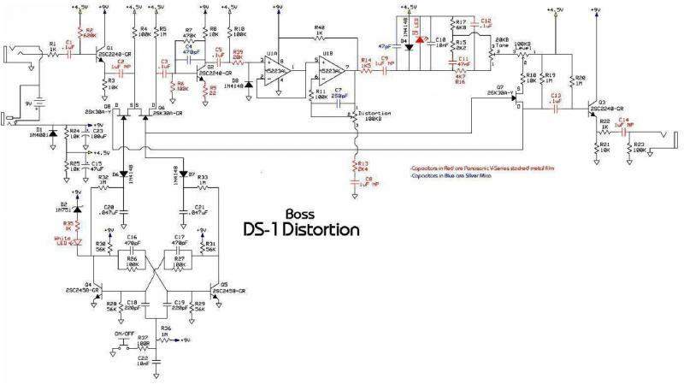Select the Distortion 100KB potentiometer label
(x=374, y=115)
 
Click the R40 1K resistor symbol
(x=319, y=38)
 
